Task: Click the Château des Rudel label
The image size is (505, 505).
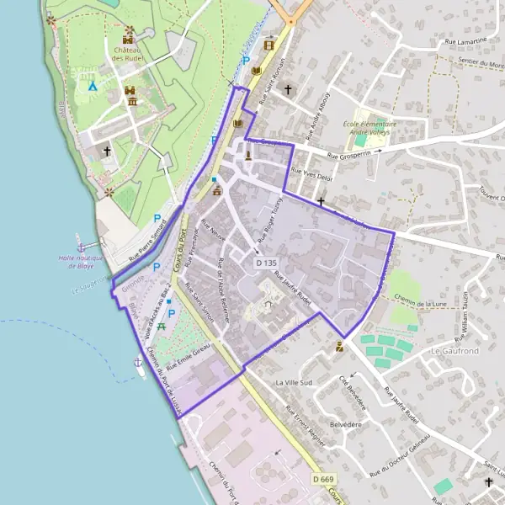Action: pos(129,54)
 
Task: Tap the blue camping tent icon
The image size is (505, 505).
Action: pos(93,85)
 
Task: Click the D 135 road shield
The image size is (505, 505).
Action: pos(265,263)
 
